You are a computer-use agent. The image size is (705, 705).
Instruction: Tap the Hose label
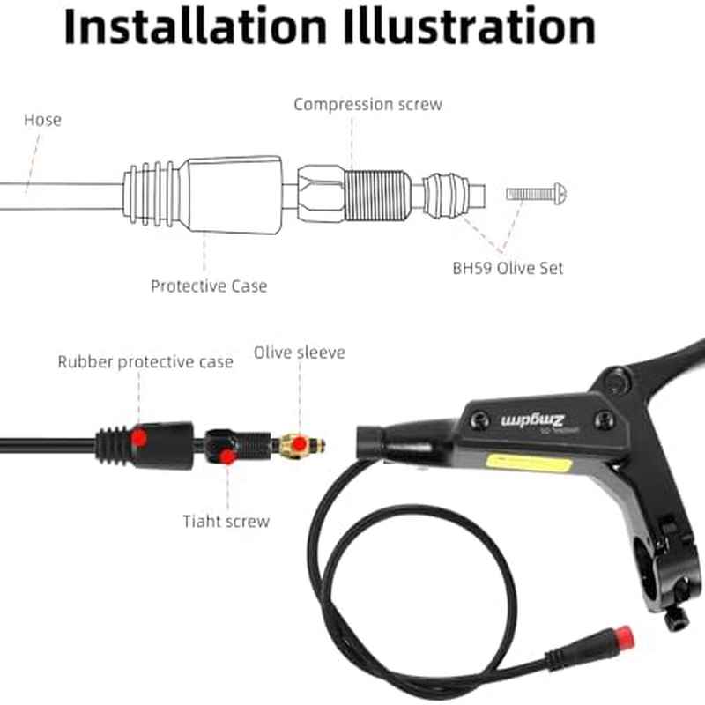point(42,120)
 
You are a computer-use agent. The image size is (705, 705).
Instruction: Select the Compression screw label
point(367,104)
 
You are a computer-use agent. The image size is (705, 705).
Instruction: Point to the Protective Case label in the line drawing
point(208,286)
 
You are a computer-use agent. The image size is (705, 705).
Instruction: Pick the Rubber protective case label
point(145,361)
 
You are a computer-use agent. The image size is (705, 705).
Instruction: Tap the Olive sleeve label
point(300,352)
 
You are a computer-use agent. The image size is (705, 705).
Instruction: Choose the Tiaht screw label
point(226,521)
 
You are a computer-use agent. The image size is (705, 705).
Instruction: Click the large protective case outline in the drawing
point(234,195)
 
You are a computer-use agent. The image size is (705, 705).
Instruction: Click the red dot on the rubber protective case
point(140,438)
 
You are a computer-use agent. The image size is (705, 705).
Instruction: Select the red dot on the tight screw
point(227,456)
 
